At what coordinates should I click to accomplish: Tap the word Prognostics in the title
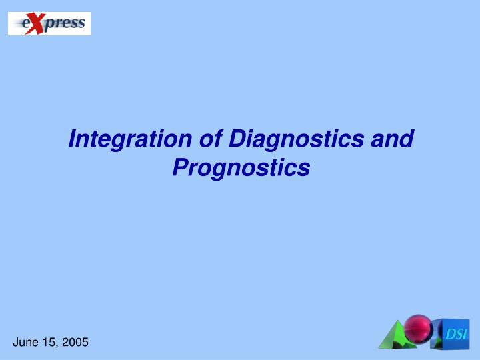[241, 167]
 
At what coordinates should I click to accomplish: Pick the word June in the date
[26, 342]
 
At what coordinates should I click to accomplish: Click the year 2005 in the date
[75, 342]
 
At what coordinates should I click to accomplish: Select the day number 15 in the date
[51, 342]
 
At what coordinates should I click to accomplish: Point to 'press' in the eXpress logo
[65, 24]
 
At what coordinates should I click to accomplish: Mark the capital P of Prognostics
[179, 167]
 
